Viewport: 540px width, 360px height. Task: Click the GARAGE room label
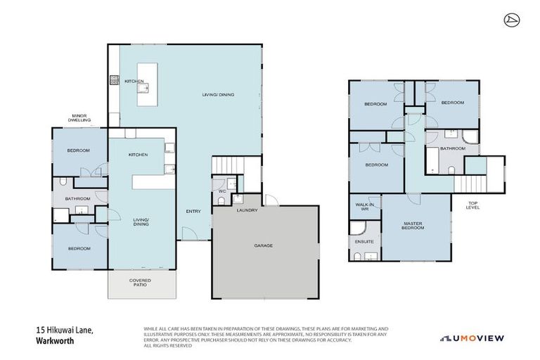point(263,245)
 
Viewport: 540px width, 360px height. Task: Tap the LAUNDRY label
point(247,210)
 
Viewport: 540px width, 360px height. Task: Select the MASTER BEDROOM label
point(413,226)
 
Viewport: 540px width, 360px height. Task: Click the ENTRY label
point(194,211)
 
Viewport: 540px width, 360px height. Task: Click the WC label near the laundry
point(221,191)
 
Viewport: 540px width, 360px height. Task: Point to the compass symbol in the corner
point(511,19)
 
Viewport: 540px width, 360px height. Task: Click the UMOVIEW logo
point(472,338)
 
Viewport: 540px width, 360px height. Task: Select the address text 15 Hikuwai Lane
point(64,330)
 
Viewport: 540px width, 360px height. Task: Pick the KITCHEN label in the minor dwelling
point(137,155)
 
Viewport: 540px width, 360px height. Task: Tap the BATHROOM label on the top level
point(452,148)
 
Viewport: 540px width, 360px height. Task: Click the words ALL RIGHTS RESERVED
point(167,346)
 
